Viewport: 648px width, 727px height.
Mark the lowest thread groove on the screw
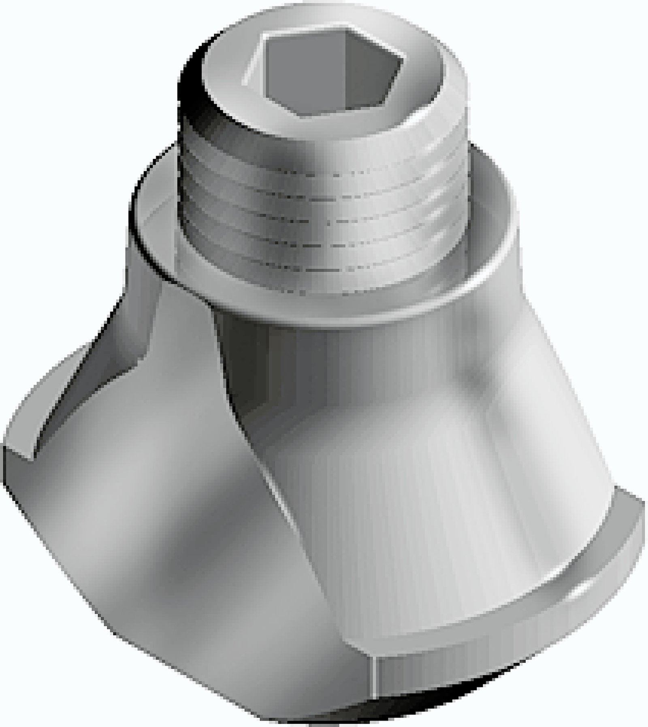click(x=324, y=265)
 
